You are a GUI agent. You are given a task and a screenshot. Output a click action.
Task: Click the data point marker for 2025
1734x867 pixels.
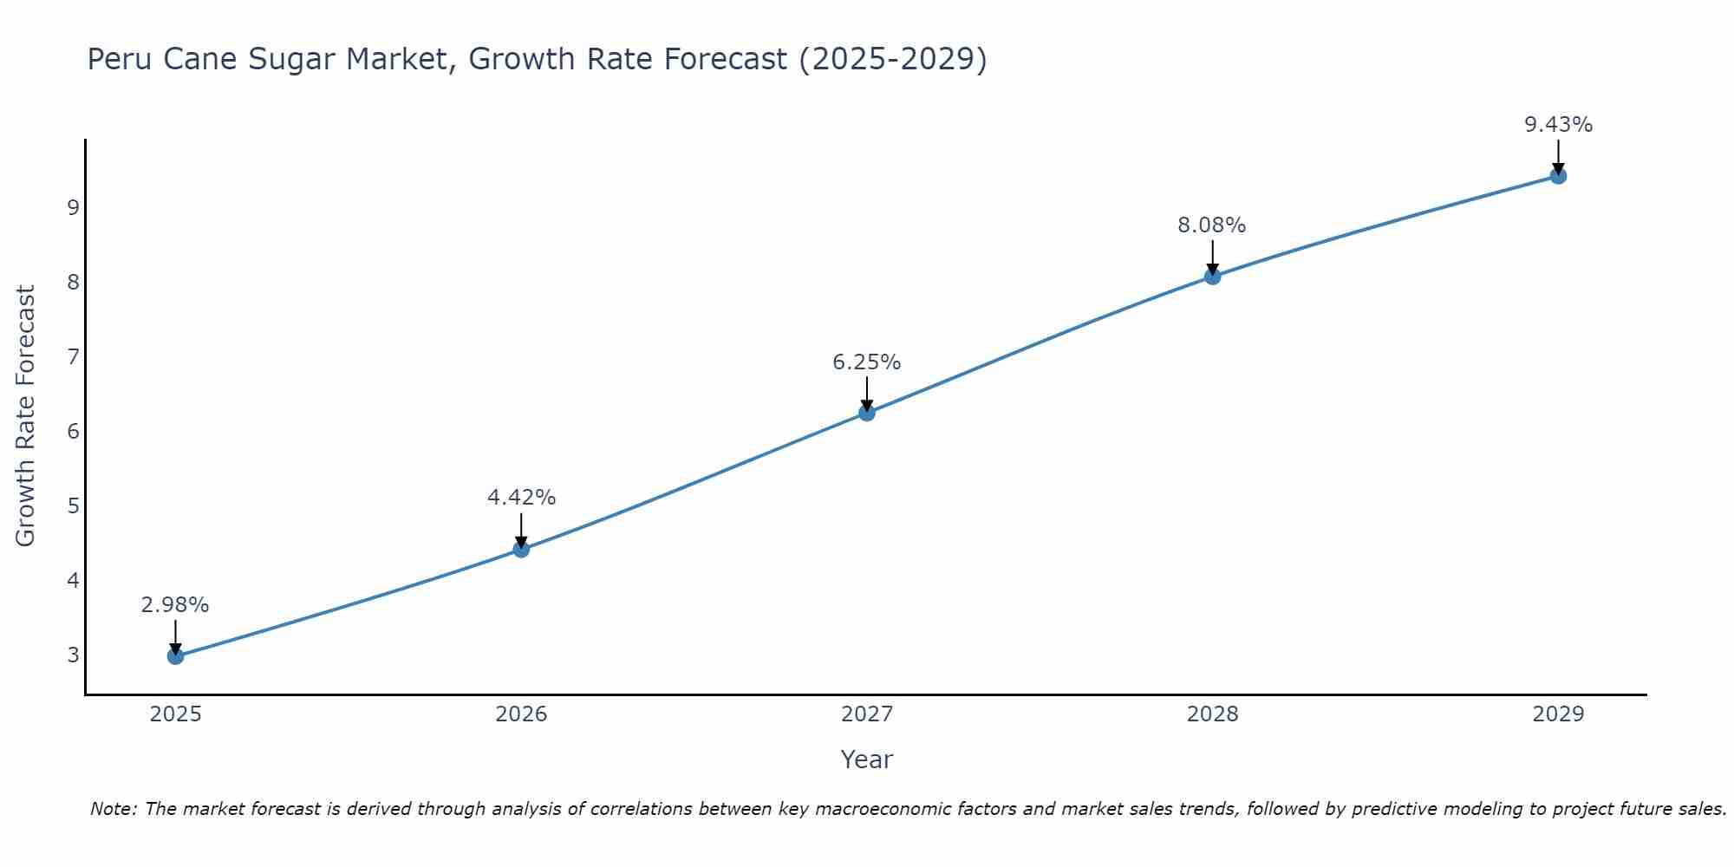point(175,656)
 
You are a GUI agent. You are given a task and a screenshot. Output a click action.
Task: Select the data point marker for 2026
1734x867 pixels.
point(521,549)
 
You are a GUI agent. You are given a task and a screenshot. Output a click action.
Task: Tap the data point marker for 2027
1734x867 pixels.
point(867,413)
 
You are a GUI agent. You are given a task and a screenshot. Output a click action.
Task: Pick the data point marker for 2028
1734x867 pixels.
point(1212,277)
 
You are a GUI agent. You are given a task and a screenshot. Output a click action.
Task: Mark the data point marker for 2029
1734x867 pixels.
point(1558,176)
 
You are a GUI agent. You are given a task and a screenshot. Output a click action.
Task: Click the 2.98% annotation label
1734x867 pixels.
point(175,605)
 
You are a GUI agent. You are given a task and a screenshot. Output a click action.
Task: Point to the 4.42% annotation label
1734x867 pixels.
point(521,498)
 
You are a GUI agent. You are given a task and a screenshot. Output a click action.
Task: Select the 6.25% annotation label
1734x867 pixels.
point(867,362)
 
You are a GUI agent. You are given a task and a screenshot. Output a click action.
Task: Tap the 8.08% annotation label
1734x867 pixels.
point(1212,225)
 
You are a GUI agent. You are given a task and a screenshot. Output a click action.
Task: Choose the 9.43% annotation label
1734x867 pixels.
point(1558,125)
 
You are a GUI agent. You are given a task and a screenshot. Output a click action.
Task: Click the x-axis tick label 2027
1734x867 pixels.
point(867,714)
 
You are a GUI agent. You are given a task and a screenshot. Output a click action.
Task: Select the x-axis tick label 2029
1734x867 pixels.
point(1558,714)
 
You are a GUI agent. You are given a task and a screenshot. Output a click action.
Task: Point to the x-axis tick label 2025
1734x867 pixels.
point(175,714)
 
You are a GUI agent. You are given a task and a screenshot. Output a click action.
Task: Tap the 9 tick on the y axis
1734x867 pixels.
point(73,208)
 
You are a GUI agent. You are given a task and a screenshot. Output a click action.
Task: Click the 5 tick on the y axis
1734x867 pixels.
point(73,505)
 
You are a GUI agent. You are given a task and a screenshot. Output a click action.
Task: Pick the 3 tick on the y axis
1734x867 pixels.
point(73,655)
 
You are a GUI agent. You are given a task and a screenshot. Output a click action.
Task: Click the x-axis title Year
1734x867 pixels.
point(867,759)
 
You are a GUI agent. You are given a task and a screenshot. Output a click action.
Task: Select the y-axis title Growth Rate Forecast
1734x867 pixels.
point(26,416)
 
